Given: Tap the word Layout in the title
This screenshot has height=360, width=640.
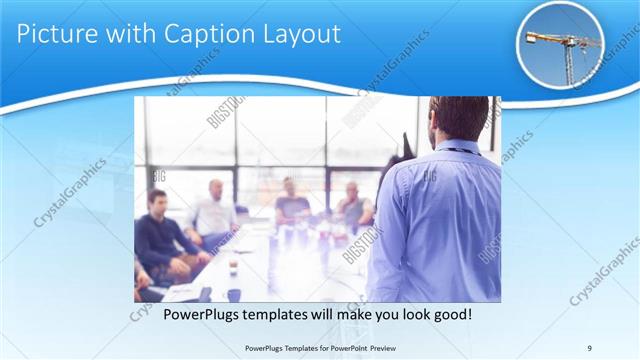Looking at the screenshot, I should click(299, 34).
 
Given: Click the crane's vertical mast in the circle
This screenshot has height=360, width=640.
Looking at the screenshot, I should click(568, 60).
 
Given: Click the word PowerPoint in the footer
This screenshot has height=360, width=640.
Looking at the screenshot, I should click(341, 349).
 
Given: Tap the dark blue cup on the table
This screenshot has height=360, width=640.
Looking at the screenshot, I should click(233, 294).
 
